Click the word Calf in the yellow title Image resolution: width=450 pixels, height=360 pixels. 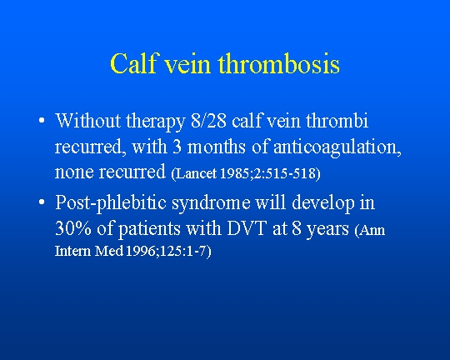[133, 63]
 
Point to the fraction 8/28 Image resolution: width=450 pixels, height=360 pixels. [208, 121]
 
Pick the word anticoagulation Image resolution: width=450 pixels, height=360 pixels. [337, 147]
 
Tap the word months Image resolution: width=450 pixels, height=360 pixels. [216, 147]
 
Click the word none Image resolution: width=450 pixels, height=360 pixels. [74, 172]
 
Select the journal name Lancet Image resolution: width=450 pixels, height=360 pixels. [196, 173]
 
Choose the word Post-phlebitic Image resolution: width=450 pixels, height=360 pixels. [111, 203]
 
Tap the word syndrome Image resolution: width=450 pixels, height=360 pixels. [211, 203]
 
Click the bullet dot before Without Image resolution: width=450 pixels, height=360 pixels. [42, 120]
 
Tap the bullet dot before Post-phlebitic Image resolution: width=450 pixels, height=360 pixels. [42, 202]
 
